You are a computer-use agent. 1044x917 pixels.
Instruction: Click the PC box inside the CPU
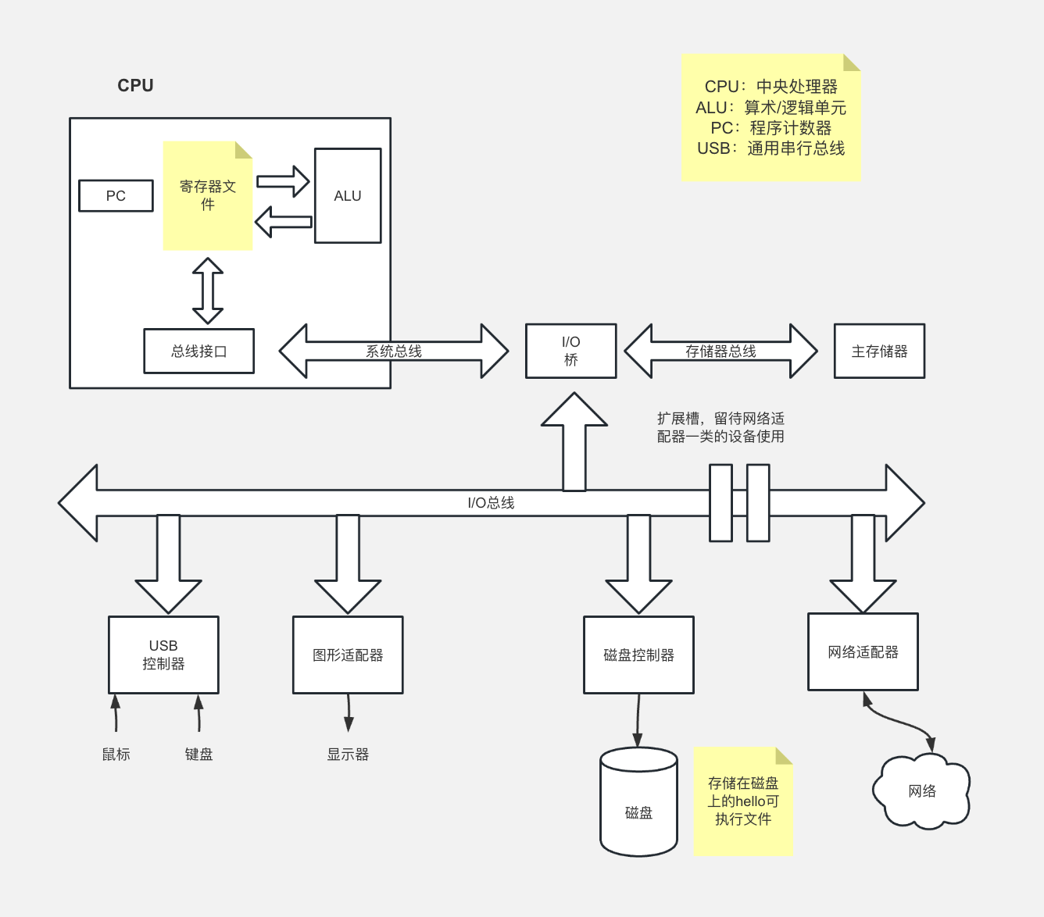[x=116, y=196]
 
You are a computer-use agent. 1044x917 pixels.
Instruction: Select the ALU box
[x=348, y=196]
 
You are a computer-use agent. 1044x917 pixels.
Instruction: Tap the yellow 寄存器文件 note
[x=208, y=196]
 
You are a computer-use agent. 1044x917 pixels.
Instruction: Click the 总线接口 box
[x=199, y=351]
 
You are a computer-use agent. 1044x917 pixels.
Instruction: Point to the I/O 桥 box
[x=571, y=351]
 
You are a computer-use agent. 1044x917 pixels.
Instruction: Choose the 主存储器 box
[x=879, y=351]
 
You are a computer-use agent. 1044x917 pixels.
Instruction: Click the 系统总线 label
[x=394, y=351]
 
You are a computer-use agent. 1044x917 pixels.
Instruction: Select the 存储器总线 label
[x=720, y=351]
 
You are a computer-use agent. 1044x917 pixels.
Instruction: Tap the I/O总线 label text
[x=491, y=503]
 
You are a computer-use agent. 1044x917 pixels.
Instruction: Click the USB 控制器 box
[x=163, y=655]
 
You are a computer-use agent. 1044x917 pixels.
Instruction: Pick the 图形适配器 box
[x=348, y=655]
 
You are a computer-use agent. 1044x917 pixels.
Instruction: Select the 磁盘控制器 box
[x=638, y=655]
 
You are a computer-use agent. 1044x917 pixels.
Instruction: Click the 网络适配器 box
[x=863, y=652]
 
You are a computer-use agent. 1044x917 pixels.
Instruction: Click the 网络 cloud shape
[x=922, y=791]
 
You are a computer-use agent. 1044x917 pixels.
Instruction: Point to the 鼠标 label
[x=116, y=755]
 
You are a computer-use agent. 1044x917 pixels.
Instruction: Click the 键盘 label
[x=198, y=755]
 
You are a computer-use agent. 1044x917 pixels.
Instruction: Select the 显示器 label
[x=348, y=755]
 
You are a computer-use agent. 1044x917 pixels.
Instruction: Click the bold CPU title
[x=135, y=86]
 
